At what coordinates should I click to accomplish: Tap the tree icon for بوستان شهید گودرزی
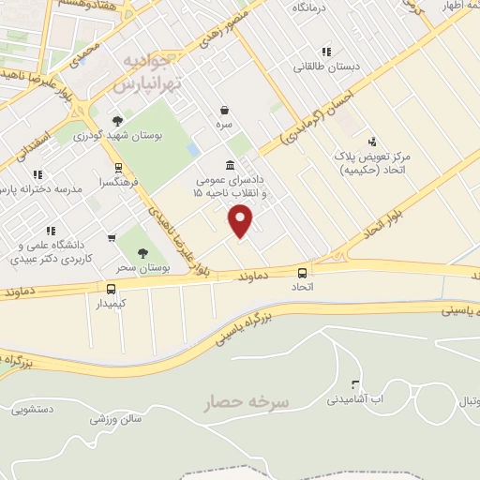pos(116,120)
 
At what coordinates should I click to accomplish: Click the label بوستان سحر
pos(145,269)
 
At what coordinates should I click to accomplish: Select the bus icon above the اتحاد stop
pos(302,272)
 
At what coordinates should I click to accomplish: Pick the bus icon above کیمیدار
pos(111,288)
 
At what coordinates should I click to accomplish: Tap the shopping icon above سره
pos(224,109)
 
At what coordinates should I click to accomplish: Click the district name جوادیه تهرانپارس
pos(143,72)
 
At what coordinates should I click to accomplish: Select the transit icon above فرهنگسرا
pos(117,169)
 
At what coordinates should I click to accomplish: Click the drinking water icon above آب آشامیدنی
pos(354,384)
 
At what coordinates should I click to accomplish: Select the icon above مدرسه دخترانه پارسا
pos(38,174)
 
